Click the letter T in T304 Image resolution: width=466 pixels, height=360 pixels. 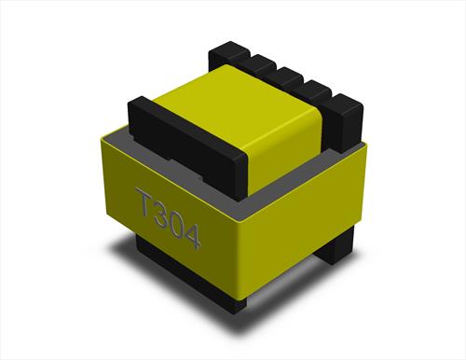145,202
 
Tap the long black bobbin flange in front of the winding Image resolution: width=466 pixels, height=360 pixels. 186,146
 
